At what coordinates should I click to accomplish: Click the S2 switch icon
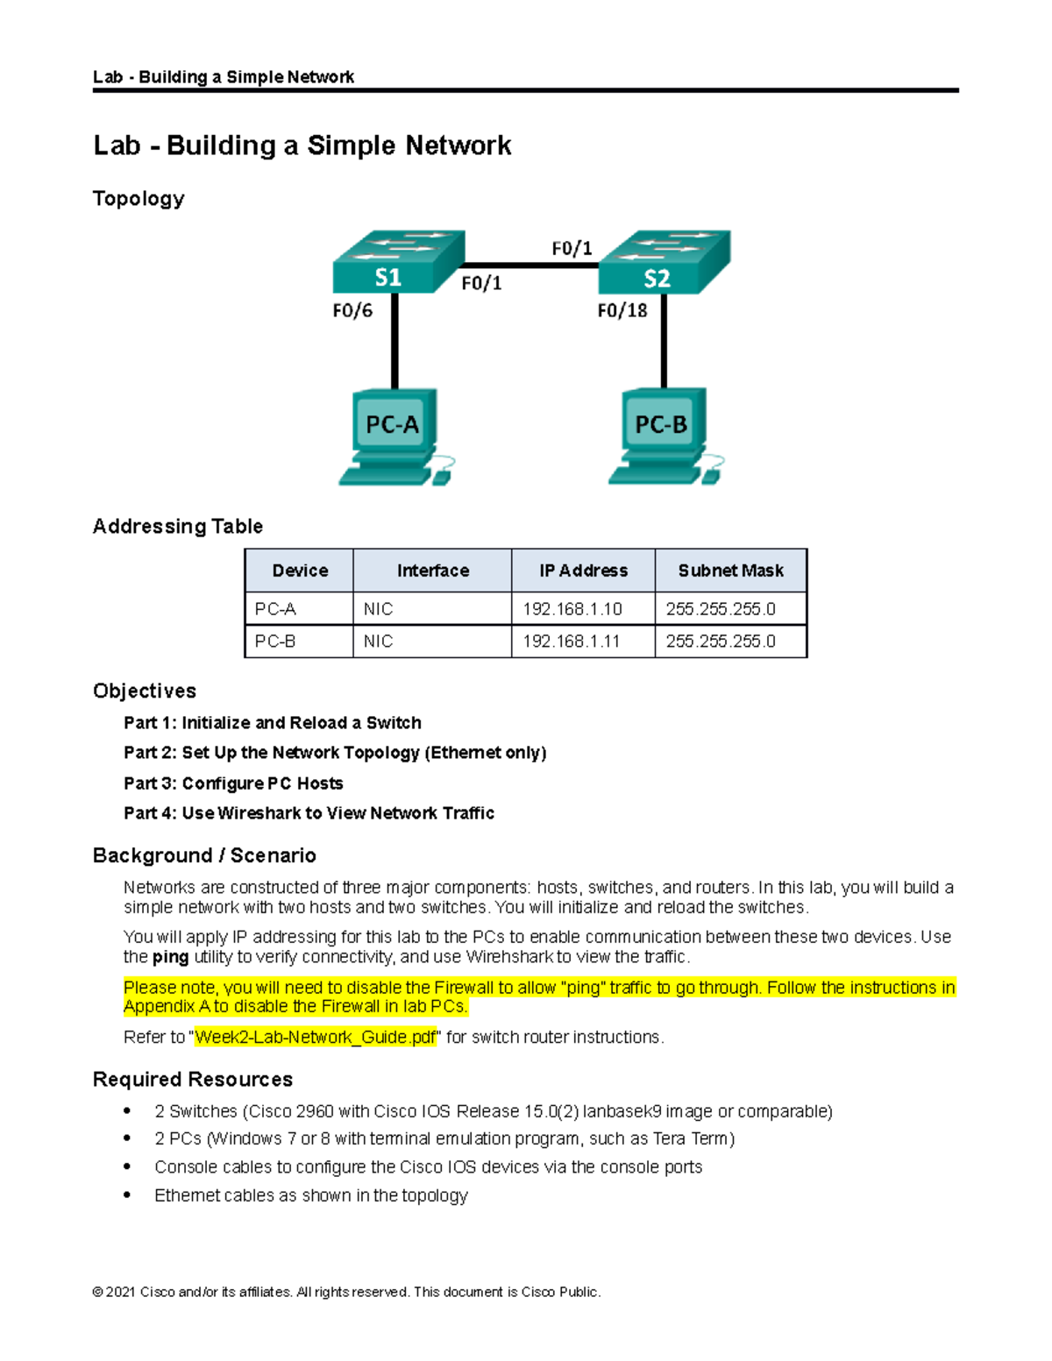point(664,262)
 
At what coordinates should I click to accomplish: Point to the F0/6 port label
point(352,310)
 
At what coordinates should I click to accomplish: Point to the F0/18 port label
point(622,310)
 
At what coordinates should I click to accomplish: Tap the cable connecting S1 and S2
point(530,265)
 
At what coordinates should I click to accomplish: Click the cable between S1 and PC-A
point(394,342)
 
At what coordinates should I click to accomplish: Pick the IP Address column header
point(583,571)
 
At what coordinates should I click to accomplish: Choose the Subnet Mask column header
point(730,571)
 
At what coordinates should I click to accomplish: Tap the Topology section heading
point(139,199)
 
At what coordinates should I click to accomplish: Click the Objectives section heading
point(145,691)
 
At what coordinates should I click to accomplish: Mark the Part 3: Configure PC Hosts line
point(233,783)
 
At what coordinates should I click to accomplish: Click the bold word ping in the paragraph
point(170,957)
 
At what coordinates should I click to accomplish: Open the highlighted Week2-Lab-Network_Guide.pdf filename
point(315,1038)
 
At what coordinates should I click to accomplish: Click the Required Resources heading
point(193,1080)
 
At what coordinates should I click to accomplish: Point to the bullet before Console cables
point(127,1166)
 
